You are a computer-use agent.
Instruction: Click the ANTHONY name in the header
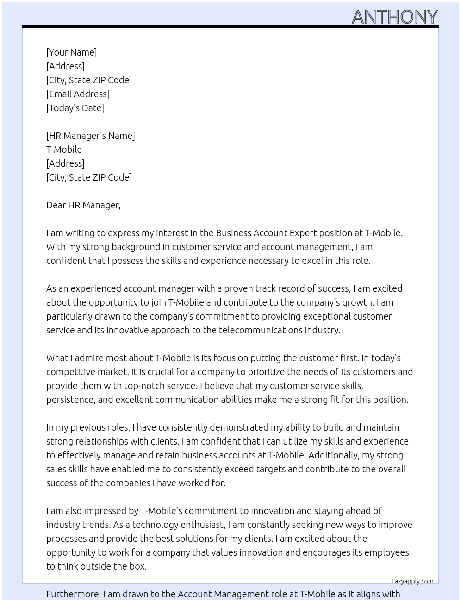tap(394, 17)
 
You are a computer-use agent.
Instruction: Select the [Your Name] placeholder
tap(71, 52)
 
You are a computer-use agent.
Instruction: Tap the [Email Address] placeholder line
tap(78, 94)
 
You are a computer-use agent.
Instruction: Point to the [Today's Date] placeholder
tap(75, 108)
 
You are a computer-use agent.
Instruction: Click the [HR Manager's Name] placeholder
tap(91, 136)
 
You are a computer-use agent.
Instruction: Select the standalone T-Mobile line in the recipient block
tap(64, 150)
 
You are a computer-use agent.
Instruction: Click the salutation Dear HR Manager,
tap(83, 205)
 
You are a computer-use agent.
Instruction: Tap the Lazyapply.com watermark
tap(412, 581)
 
